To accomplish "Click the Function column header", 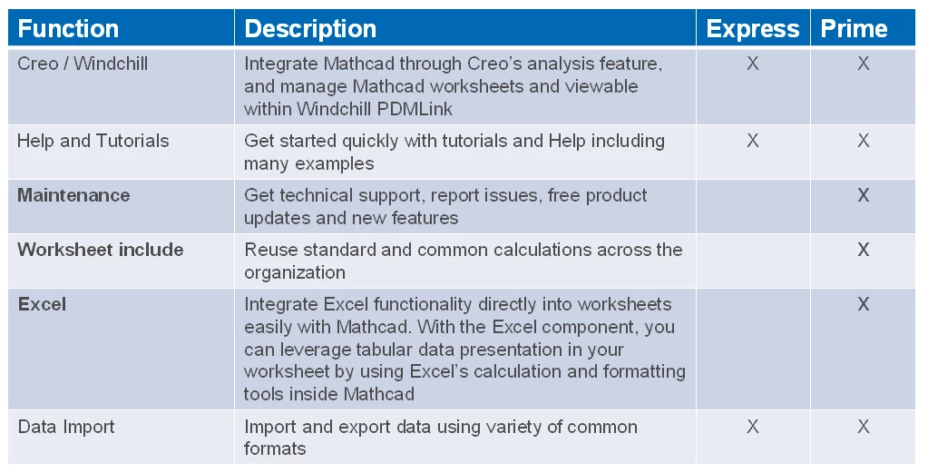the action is pyautogui.click(x=68, y=29).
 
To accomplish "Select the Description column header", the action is pyautogui.click(x=310, y=29).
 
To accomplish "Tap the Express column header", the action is pyautogui.click(x=753, y=29).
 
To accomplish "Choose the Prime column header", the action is pyautogui.click(x=854, y=29).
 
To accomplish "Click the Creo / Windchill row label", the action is pyautogui.click(x=83, y=64).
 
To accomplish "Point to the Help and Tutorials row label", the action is pyautogui.click(x=93, y=141).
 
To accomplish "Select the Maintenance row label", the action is pyautogui.click(x=74, y=195).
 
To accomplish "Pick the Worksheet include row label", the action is pyautogui.click(x=101, y=250).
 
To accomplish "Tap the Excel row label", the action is pyautogui.click(x=42, y=304).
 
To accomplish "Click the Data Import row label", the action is pyautogui.click(x=66, y=427).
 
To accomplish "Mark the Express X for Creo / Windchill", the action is pyautogui.click(x=753, y=64).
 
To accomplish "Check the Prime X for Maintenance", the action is pyautogui.click(x=864, y=195).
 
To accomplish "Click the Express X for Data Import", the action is pyautogui.click(x=753, y=427).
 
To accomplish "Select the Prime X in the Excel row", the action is pyautogui.click(x=864, y=304).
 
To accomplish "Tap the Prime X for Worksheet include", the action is pyautogui.click(x=864, y=250).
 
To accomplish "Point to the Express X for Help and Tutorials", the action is pyautogui.click(x=753, y=141).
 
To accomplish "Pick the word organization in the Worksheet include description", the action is pyautogui.click(x=295, y=272).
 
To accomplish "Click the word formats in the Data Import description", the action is pyautogui.click(x=275, y=448).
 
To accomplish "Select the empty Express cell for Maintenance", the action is pyautogui.click(x=754, y=207).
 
